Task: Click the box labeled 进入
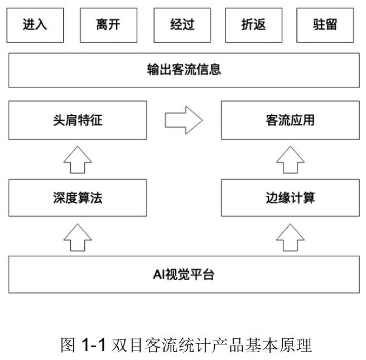pos(35,25)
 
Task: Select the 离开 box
pos(109,25)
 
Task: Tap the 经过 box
pos(182,25)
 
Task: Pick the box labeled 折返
pos(254,25)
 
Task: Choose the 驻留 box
pos(325,25)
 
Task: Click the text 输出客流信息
pos(184,70)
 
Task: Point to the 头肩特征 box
pos(78,120)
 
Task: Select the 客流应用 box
pos(290,120)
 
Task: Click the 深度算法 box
pos(78,198)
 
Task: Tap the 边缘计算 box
pos(290,198)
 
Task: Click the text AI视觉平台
pos(184,274)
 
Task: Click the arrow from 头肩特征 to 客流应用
pos(184,120)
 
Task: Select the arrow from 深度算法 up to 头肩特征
pos(78,160)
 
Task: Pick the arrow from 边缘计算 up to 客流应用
pos(290,160)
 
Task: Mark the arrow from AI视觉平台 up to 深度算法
pos(78,237)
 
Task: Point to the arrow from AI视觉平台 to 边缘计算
pos(290,237)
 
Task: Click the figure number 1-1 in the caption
pos(93,344)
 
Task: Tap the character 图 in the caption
pos(68,345)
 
